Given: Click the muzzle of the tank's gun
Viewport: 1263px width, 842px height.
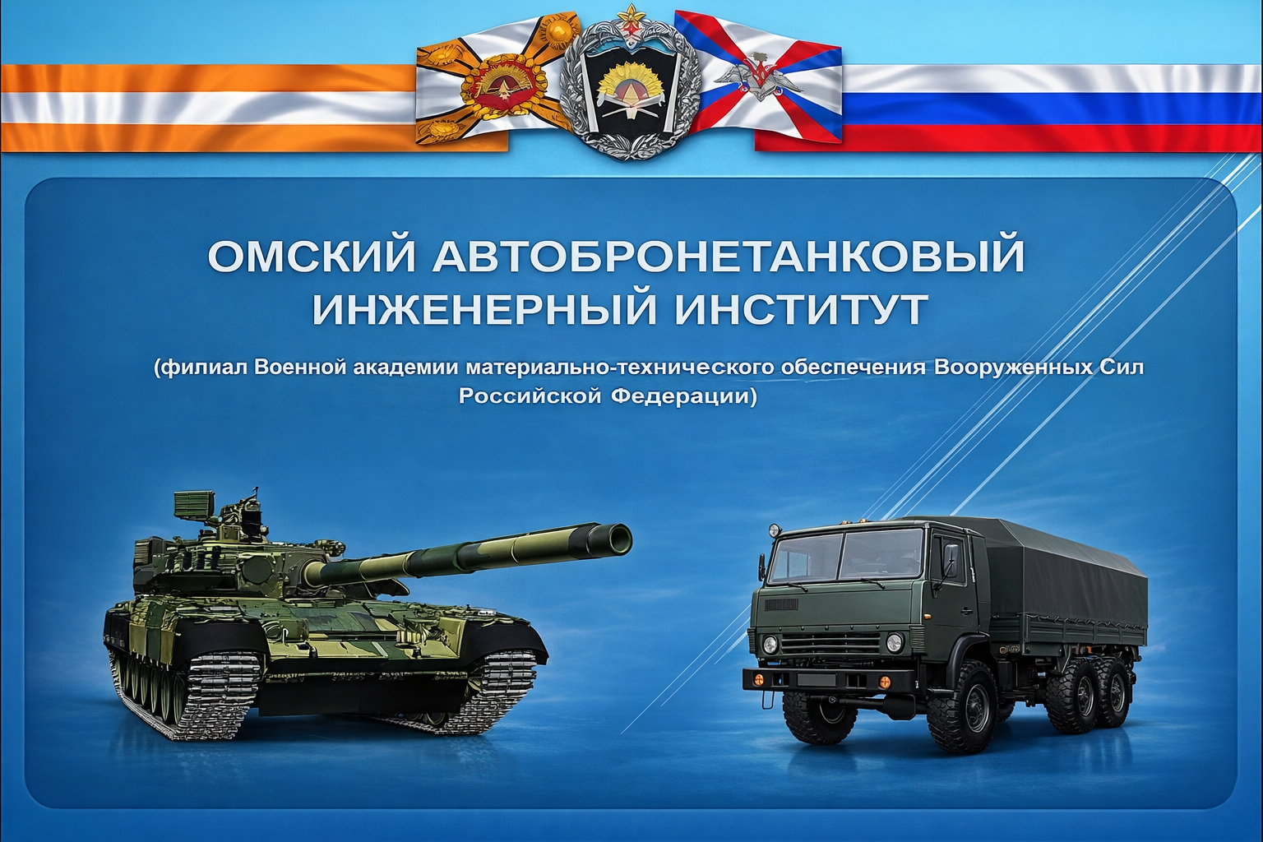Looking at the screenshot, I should tap(617, 539).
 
